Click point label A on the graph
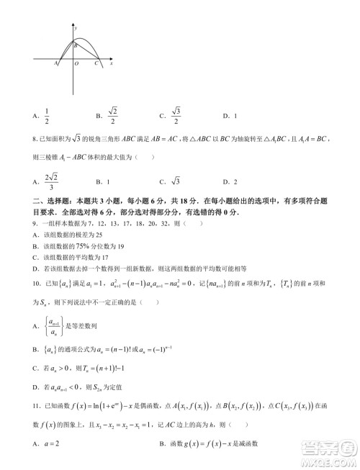pyautogui.click(x=56, y=63)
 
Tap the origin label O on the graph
pyautogui.click(x=76, y=64)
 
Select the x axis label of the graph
pyautogui.click(x=112, y=63)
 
